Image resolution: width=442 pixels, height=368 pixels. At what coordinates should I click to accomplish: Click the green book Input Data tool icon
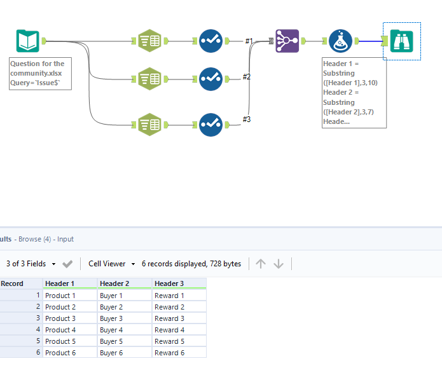pos(27,41)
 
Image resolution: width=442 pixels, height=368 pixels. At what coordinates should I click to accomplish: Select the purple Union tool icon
pos(287,41)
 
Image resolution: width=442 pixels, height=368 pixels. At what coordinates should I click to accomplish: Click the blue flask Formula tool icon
pos(341,41)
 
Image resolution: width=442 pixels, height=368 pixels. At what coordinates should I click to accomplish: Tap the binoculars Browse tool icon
pos(401,41)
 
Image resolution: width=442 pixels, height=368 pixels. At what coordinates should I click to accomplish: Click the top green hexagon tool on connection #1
pos(149,41)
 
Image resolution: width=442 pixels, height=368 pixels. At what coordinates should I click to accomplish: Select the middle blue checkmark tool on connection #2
pos(211,79)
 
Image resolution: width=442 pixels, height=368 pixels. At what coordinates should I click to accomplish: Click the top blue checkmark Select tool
pos(211,41)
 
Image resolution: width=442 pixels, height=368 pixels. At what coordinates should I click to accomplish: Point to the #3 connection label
pos(247,119)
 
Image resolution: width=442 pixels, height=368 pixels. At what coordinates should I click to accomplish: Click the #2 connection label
pos(247,77)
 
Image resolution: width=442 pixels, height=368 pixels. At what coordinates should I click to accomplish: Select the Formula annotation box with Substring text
pos(354,92)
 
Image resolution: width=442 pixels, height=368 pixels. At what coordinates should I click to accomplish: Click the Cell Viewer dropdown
pos(113,264)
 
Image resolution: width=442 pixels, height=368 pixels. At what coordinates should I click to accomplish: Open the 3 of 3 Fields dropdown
pos(31,264)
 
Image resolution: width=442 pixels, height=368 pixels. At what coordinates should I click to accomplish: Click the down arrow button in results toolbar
pos(279,264)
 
